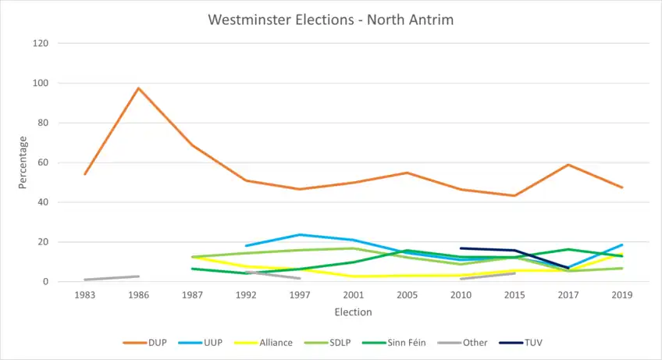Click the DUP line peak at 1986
pyautogui.click(x=139, y=88)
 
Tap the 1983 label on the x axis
pyautogui.click(x=85, y=296)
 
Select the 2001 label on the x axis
pyautogui.click(x=353, y=296)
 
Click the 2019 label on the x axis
pyautogui.click(x=622, y=296)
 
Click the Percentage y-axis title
pyautogui.click(x=23, y=162)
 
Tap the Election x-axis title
pyautogui.click(x=353, y=312)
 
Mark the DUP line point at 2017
pyautogui.click(x=568, y=165)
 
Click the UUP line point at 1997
pyautogui.click(x=300, y=235)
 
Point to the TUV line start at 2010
pyautogui.click(x=461, y=248)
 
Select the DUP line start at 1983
pyautogui.click(x=85, y=173)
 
